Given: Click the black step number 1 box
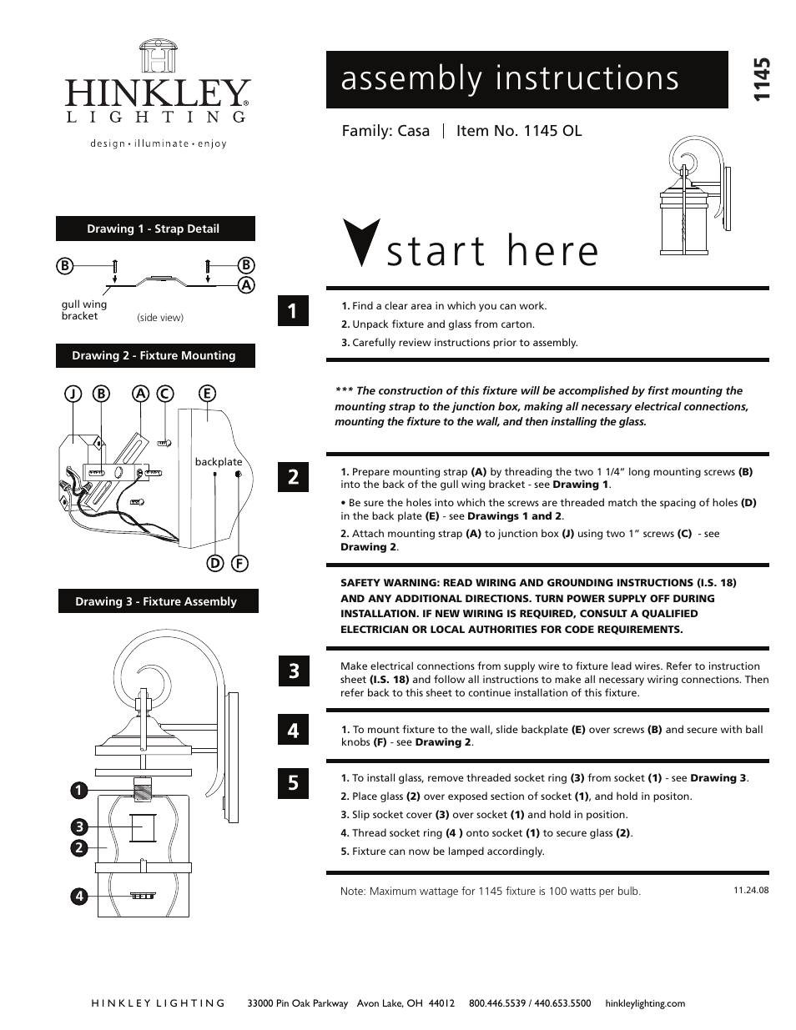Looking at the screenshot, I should (293, 310).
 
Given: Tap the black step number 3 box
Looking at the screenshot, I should (293, 671).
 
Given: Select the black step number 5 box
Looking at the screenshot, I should (293, 782).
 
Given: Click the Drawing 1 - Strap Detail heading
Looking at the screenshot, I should (155, 229).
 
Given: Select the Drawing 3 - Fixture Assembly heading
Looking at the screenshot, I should (157, 601).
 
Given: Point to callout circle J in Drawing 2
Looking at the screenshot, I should (73, 394).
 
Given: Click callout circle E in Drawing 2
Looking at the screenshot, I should (207, 394).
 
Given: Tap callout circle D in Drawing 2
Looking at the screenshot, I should (214, 563).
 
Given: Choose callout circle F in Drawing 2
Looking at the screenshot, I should (239, 563).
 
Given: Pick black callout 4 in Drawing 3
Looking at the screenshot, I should (79, 897).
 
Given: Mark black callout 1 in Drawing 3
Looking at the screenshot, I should (79, 790).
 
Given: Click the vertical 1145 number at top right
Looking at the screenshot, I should (760, 80).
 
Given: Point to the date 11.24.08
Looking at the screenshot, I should (751, 890).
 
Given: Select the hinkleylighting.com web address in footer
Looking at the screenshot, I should (645, 1003).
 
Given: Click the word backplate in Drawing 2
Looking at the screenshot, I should (219, 462).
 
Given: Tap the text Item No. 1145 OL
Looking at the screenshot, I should (519, 131).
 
